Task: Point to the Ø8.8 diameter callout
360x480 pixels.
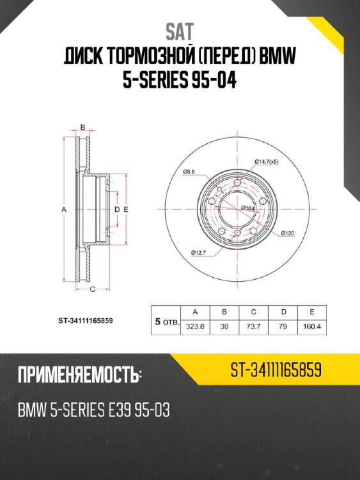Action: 189,172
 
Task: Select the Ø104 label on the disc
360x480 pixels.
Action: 248,208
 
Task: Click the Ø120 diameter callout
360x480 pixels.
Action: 287,233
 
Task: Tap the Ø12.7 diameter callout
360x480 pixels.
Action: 198,253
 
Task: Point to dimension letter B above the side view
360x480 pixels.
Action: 82,127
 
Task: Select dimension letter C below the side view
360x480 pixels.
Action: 92,290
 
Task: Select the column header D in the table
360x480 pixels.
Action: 283,312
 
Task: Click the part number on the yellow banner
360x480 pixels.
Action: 276,371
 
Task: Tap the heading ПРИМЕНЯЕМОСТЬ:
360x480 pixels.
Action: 80,374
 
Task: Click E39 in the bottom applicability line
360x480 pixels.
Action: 118,410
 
